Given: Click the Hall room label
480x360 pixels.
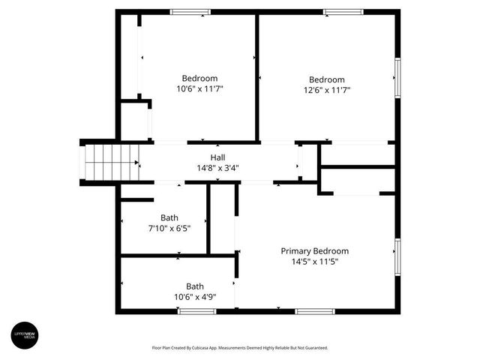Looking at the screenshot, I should (217, 157).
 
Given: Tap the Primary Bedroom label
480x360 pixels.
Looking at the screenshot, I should (314, 251).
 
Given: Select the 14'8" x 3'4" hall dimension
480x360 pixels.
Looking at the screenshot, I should (217, 168).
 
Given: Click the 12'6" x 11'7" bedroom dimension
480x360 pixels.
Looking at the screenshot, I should (327, 90).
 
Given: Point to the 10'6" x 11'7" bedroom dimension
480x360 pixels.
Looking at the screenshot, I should (199, 88).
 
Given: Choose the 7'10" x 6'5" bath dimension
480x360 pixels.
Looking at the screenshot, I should (169, 228).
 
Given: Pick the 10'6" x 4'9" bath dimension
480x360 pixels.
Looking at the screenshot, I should (195, 296).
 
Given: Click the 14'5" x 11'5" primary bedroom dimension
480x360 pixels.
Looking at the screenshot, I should (314, 262).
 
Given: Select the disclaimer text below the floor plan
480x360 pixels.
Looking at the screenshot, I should (240, 348).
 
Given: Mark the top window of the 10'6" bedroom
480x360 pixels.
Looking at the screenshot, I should (190, 12).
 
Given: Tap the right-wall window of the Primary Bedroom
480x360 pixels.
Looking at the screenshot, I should (397, 257).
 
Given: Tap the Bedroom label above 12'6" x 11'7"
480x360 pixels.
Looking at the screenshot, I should (327, 79).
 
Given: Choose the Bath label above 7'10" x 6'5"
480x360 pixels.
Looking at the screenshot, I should (169, 217).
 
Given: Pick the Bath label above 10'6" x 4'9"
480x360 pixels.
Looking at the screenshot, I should (195, 286).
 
